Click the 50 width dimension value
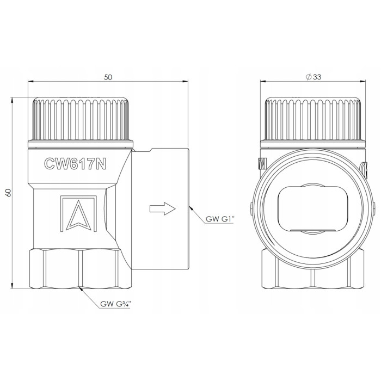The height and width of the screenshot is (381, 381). tap(108, 77)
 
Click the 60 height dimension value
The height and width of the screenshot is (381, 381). tap(9, 193)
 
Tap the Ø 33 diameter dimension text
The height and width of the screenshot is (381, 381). tap(314, 77)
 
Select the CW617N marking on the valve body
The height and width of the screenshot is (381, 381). tap(75, 163)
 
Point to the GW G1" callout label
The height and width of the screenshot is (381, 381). tap(220, 219)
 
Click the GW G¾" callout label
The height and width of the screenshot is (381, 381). tap(115, 304)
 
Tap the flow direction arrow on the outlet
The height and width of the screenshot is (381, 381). tap(162, 208)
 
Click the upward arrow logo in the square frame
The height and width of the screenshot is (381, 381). tap(78, 213)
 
